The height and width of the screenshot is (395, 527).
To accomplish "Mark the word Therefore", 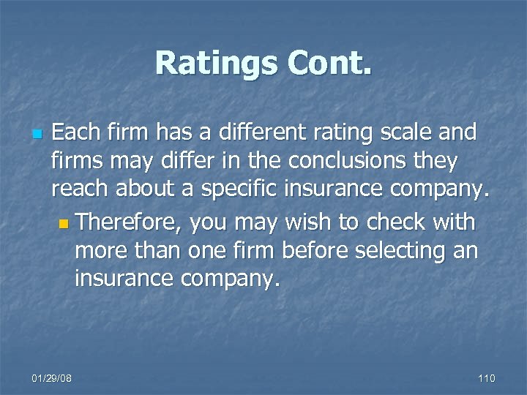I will [128, 222].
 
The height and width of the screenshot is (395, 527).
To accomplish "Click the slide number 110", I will [486, 377].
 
